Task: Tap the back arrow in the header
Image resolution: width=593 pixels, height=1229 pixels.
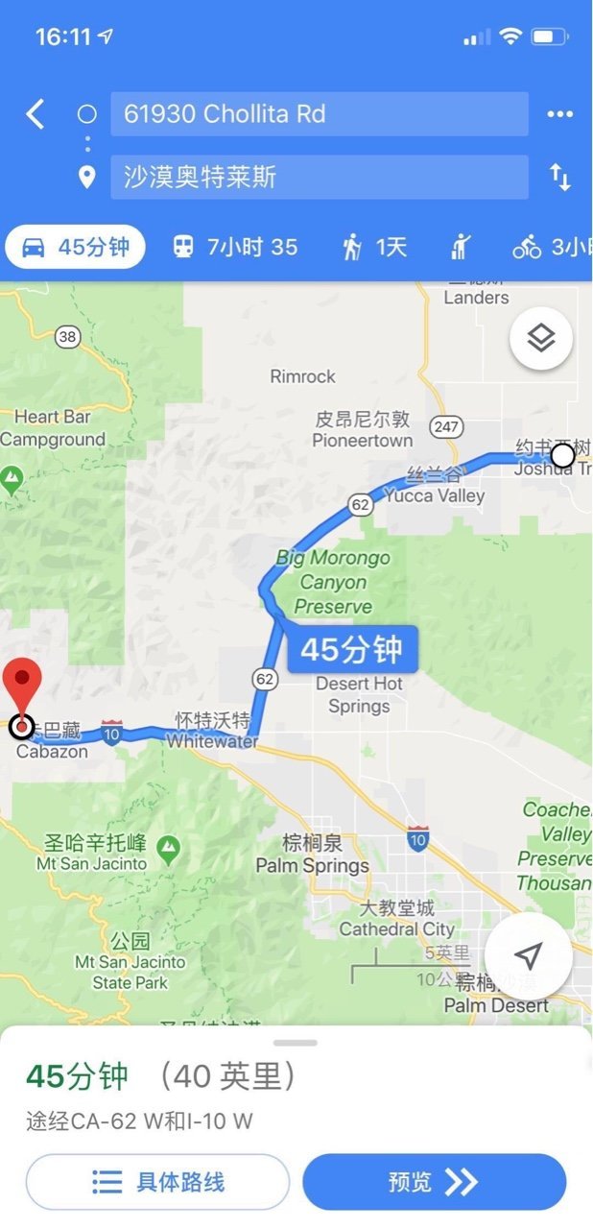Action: click(36, 114)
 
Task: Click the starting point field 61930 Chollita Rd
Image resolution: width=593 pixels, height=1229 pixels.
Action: click(319, 114)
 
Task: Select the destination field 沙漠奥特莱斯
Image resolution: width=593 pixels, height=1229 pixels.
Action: click(319, 177)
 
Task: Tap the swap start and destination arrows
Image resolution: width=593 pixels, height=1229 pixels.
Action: click(559, 177)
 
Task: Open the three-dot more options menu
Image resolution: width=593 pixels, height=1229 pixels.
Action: click(559, 114)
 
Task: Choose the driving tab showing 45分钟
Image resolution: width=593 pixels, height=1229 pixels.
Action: click(75, 248)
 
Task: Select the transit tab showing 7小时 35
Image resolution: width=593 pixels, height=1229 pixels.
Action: click(235, 248)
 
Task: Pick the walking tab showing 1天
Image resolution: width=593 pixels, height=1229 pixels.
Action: click(375, 248)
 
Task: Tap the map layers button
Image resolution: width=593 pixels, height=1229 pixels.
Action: click(541, 338)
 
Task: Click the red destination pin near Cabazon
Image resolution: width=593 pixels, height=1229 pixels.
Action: click(22, 687)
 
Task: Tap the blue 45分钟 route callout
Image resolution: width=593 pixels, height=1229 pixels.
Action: click(352, 650)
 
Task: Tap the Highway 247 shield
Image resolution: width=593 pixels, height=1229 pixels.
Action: click(447, 426)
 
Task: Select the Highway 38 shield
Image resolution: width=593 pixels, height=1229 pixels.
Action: click(66, 336)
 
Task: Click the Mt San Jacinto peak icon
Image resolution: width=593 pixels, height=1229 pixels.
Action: click(169, 847)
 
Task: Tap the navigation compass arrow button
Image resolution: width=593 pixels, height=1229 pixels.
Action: click(528, 955)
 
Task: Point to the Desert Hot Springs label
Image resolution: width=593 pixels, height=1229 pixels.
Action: click(359, 695)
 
